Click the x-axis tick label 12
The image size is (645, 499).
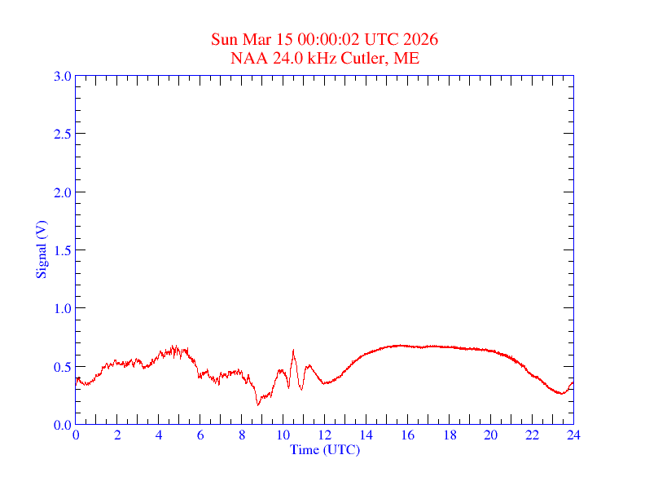(325, 435)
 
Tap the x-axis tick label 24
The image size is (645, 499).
(573, 435)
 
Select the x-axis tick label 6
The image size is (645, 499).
(200, 435)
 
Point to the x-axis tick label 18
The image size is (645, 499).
(449, 435)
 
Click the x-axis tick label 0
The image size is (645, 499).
(76, 435)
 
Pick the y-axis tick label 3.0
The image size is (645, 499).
(62, 77)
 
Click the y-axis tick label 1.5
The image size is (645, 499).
(62, 250)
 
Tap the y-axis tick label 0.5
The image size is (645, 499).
(62, 367)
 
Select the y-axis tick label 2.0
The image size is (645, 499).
(62, 192)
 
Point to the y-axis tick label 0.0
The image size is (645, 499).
(62, 425)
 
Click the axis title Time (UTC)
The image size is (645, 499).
(324, 449)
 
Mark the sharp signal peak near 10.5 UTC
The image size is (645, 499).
(293, 351)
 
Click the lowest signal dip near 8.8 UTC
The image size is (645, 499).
(258, 404)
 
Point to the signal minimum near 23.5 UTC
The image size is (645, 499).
(562, 394)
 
